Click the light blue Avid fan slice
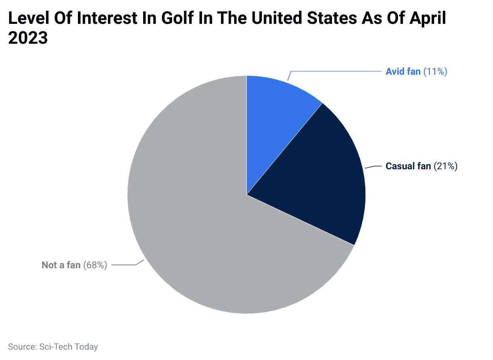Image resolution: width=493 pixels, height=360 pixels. [x=274, y=111]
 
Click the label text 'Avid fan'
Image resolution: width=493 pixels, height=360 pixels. [x=403, y=72]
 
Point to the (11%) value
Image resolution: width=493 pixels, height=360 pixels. [x=435, y=72]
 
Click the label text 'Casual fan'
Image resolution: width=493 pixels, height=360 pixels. [x=408, y=166]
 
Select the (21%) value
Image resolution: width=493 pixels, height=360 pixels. [x=446, y=166]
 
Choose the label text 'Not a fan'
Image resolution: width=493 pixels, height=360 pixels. [x=61, y=265]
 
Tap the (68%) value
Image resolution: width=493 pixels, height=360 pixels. [x=95, y=265]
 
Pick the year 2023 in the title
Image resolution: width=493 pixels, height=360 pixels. [x=28, y=39]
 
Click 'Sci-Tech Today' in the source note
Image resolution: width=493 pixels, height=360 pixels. [x=69, y=347]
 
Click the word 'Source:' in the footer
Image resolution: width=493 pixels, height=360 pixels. [x=23, y=347]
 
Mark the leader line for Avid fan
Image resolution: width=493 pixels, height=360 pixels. [x=338, y=72]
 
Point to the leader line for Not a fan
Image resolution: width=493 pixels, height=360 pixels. [x=124, y=265]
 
